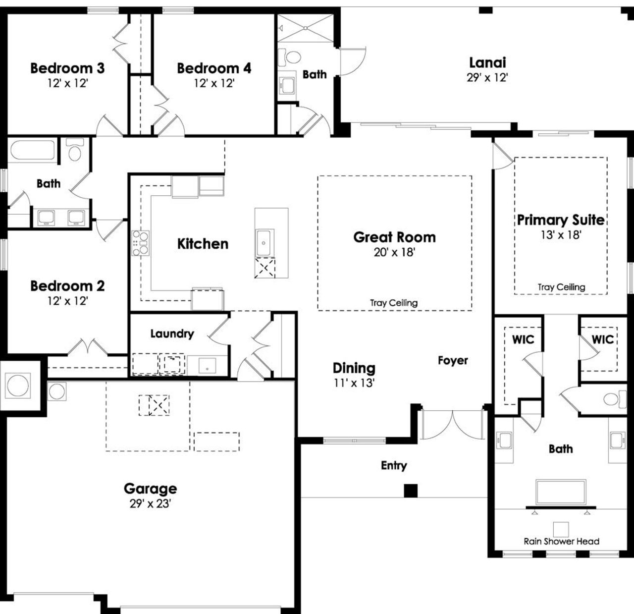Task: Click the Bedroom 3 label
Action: point(67,68)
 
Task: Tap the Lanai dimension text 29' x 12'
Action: point(487,78)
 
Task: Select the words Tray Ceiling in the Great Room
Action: point(394,303)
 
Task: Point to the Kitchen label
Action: point(203,244)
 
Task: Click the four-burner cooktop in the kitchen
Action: point(140,243)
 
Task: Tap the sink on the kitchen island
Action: point(264,243)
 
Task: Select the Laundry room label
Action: point(172,334)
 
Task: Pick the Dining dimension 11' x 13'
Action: point(354,383)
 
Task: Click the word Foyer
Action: point(453,360)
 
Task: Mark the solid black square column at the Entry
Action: point(411,491)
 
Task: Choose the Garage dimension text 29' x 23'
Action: point(150,504)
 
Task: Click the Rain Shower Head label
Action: point(561,541)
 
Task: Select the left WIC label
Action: point(523,339)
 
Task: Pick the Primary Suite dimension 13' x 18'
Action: point(561,235)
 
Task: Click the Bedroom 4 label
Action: point(214,68)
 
